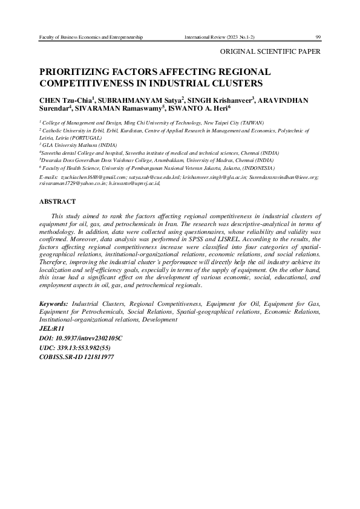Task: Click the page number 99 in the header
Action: click(318, 37)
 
